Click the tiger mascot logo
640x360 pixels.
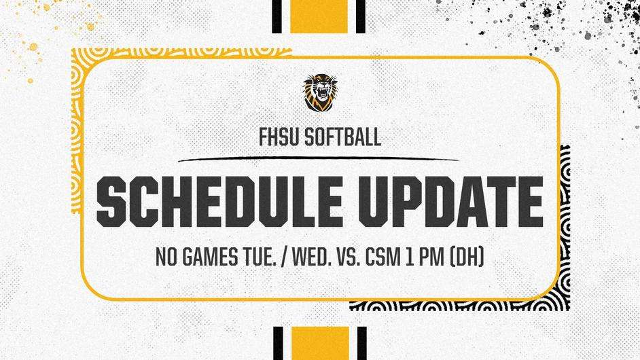point(320,92)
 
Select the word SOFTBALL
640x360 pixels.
point(343,137)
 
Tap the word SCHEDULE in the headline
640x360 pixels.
point(219,202)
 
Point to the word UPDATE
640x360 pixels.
point(451,202)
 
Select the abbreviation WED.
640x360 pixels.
point(313,257)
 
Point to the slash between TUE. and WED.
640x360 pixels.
point(284,257)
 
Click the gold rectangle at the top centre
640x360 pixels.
point(319,16)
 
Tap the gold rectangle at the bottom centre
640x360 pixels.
point(321,343)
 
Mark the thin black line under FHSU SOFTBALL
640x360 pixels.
point(319,158)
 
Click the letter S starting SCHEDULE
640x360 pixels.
point(111,202)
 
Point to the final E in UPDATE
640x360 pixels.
point(530,202)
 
